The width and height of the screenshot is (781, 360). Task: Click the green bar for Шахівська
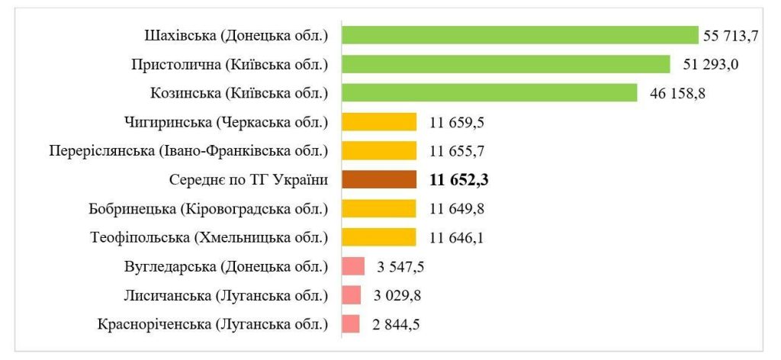pyautogui.click(x=519, y=35)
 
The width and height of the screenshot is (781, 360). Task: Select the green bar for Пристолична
pyautogui.click(x=506, y=64)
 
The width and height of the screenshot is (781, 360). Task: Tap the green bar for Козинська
pyautogui.click(x=489, y=93)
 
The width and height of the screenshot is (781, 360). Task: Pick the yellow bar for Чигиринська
pyautogui.click(x=379, y=122)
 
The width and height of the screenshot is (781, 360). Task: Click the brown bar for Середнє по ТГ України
pyautogui.click(x=379, y=180)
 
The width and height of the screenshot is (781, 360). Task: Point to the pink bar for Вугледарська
pyautogui.click(x=353, y=266)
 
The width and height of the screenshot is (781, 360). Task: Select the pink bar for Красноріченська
pyautogui.click(x=351, y=324)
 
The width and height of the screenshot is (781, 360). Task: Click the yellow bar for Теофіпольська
pyautogui.click(x=379, y=238)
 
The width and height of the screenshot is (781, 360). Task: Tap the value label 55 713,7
pyautogui.click(x=734, y=36)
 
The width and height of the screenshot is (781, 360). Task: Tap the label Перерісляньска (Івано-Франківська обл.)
pyautogui.click(x=188, y=151)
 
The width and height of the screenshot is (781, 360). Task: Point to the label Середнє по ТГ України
pyautogui.click(x=248, y=180)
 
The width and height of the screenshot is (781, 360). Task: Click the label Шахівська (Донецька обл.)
pyautogui.click(x=236, y=36)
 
